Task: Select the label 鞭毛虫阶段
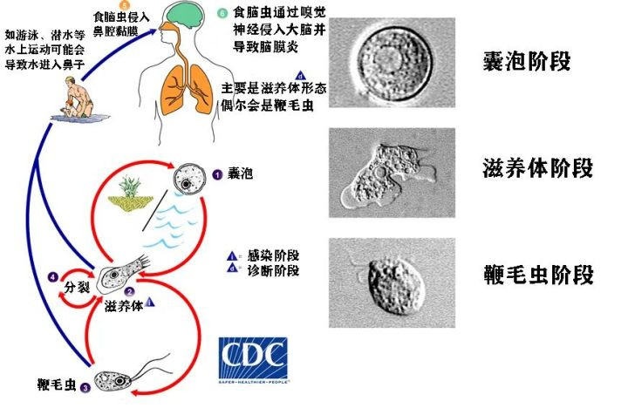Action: (x=537, y=275)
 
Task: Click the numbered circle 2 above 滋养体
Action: (x=128, y=293)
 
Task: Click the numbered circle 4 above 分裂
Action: (x=54, y=278)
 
